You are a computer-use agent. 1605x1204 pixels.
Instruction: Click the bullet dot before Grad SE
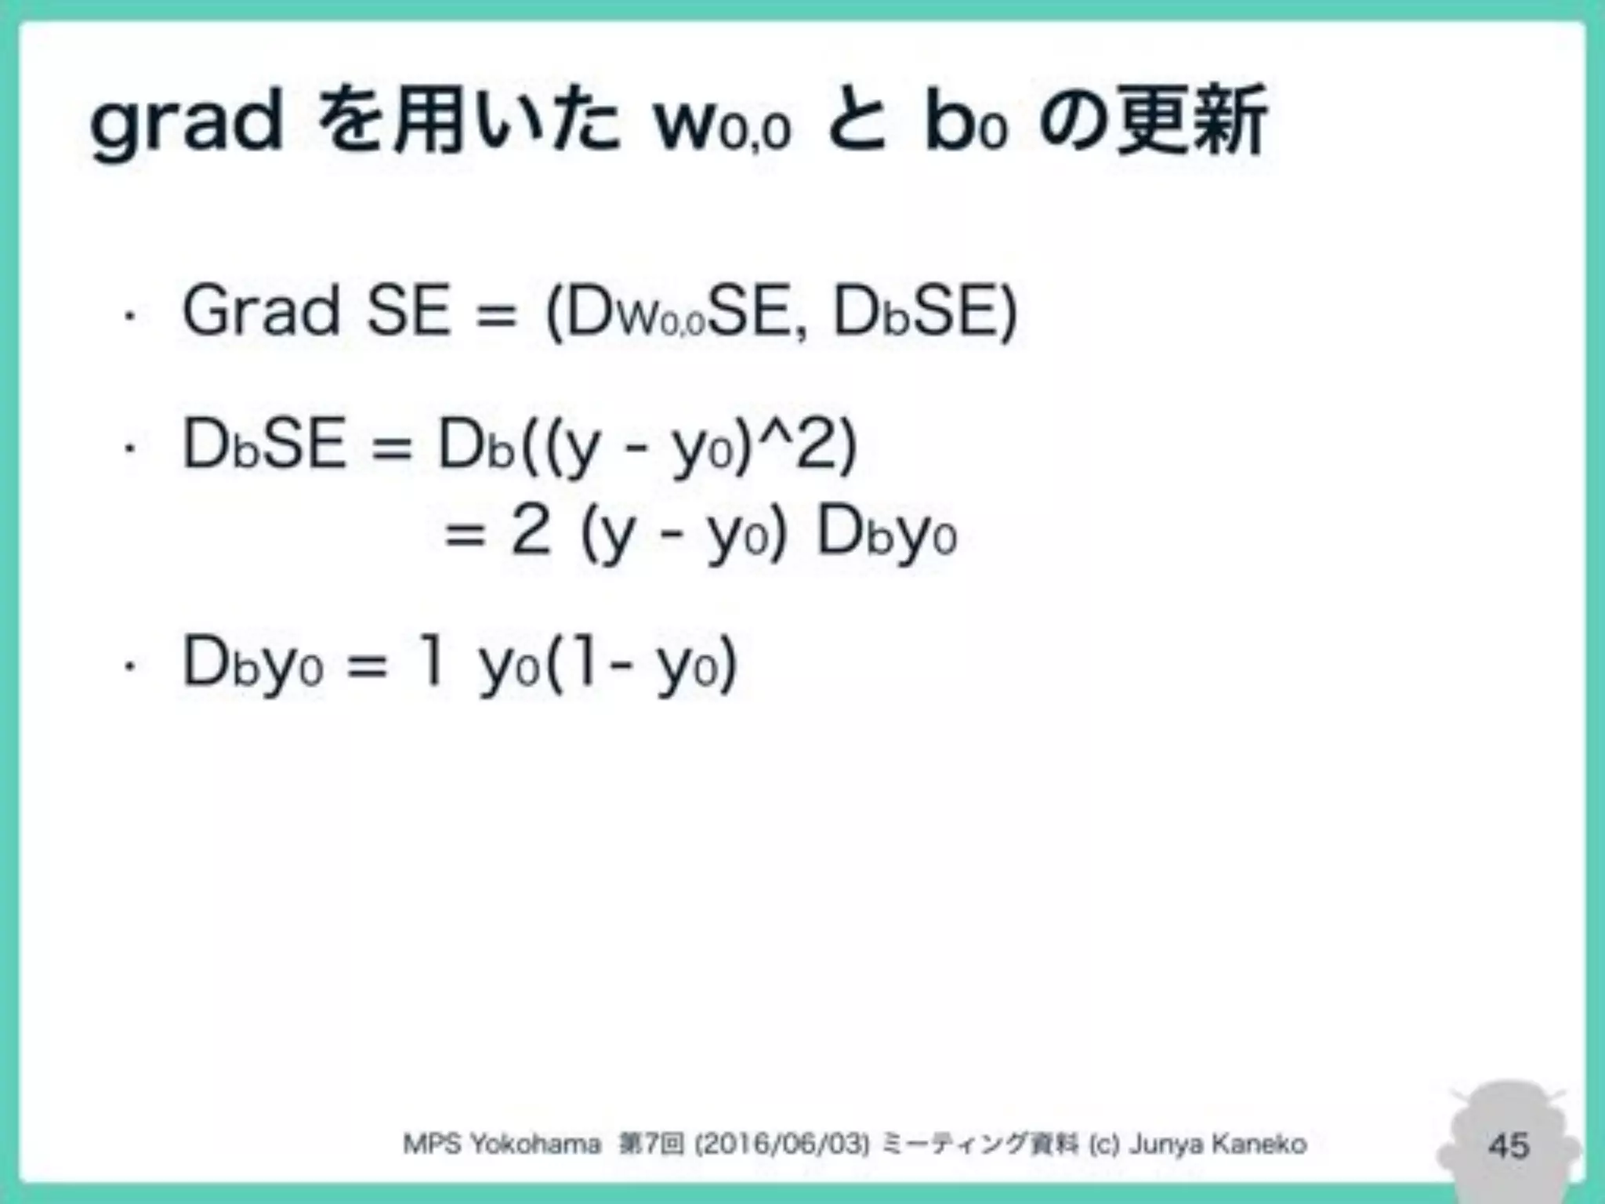[130, 317]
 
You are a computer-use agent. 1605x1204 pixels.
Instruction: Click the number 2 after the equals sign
[531, 532]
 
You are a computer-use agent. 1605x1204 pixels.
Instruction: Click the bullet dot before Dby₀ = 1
[130, 667]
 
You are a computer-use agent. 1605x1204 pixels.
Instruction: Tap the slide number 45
[1508, 1145]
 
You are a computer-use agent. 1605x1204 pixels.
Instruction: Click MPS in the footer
[432, 1144]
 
